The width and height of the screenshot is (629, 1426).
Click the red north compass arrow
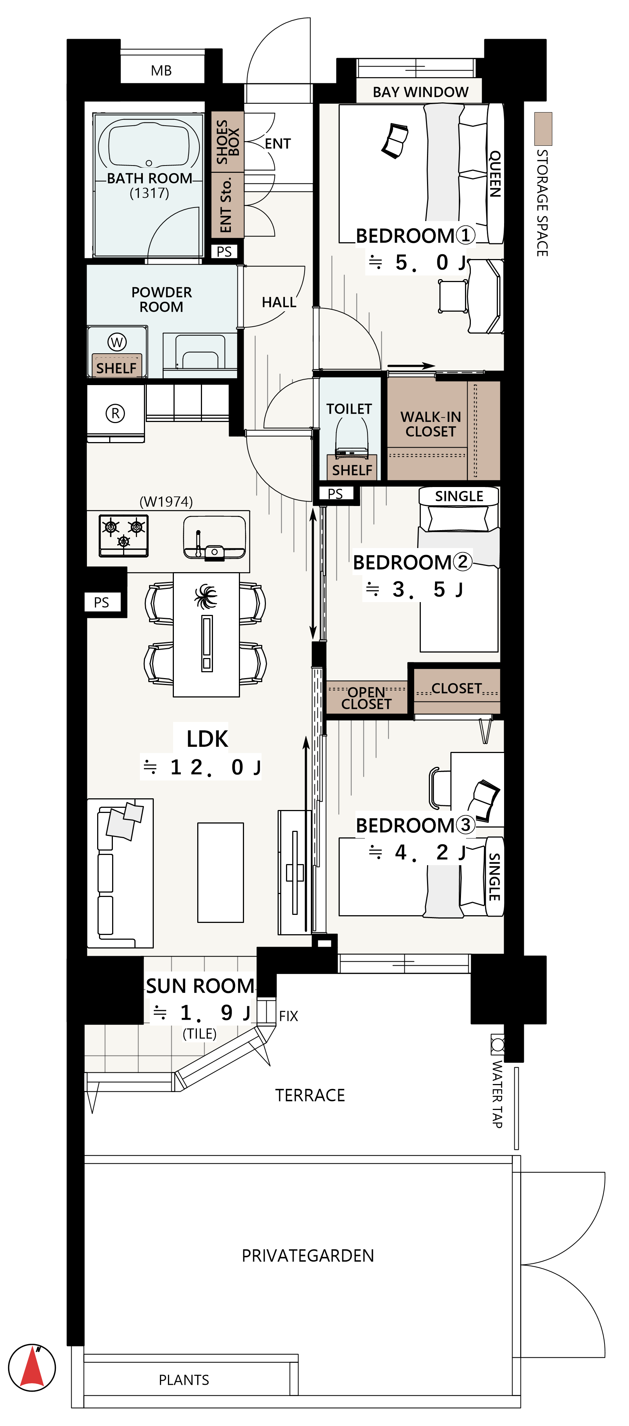pyautogui.click(x=32, y=1367)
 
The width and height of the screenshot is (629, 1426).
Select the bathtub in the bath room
pyautogui.click(x=149, y=144)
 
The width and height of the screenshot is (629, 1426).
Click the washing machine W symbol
pyautogui.click(x=117, y=342)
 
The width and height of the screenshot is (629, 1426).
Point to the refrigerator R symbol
pyautogui.click(x=115, y=413)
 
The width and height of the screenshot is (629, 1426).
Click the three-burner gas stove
pyautogui.click(x=123, y=535)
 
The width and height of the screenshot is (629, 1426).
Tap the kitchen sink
pyautogui.click(x=214, y=537)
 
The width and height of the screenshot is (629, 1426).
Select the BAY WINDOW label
pyautogui.click(x=420, y=92)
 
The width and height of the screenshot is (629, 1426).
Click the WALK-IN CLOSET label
pyautogui.click(x=430, y=424)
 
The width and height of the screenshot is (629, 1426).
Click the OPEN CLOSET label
pyautogui.click(x=366, y=698)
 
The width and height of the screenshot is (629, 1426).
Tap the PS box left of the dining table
pyautogui.click(x=102, y=602)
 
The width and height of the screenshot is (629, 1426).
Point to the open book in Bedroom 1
pyautogui.click(x=395, y=141)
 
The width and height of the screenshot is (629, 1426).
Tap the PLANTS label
pyautogui.click(x=184, y=1380)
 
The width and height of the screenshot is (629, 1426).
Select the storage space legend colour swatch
pyautogui.click(x=543, y=129)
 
